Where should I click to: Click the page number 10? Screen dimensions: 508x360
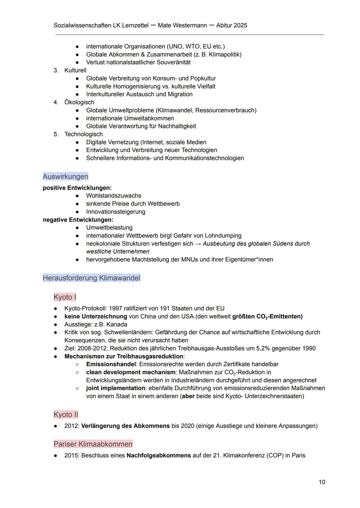322,482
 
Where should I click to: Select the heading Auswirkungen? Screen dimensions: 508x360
65,176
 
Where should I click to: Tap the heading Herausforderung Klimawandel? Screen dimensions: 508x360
91,278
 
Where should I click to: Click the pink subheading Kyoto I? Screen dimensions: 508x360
65,297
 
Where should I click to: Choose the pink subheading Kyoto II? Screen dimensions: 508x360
66,414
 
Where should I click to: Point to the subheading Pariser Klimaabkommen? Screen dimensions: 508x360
93,444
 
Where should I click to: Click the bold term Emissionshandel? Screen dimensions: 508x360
111,364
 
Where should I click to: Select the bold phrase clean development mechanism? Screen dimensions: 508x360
131,372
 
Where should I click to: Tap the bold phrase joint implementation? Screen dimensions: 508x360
115,388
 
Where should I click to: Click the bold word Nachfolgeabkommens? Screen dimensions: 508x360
159,455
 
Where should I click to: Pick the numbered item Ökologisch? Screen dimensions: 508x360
79,102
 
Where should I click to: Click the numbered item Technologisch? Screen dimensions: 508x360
83,134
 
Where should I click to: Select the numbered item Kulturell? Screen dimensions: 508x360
75,70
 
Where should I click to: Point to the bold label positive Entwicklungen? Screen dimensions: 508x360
77,188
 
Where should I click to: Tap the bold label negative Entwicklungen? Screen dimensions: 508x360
78,220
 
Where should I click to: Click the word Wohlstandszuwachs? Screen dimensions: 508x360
113,196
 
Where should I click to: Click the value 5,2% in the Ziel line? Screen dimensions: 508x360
263,348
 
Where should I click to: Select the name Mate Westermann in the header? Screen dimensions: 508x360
182,25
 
